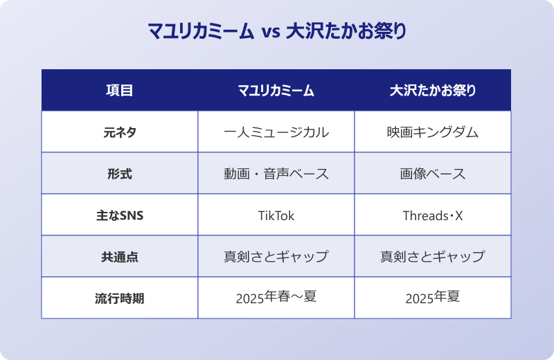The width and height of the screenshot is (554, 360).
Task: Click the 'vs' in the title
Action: tap(271, 33)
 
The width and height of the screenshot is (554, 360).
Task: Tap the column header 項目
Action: tap(119, 91)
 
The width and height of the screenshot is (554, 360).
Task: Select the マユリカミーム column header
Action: tap(276, 91)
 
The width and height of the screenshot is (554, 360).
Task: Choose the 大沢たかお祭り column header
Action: tap(433, 91)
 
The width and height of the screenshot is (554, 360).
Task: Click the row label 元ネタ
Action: tap(119, 132)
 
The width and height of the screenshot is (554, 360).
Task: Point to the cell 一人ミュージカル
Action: tap(276, 132)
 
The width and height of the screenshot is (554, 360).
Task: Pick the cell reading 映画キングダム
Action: tap(433, 132)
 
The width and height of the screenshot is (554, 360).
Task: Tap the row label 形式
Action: tap(119, 174)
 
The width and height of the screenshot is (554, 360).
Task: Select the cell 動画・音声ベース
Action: tap(276, 174)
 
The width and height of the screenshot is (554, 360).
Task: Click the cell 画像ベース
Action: tap(433, 174)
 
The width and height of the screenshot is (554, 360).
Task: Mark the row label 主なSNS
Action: tap(119, 215)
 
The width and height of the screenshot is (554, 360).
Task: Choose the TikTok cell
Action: tap(276, 215)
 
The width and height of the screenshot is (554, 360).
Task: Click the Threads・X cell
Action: tap(433, 215)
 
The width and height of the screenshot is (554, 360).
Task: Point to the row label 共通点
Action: tap(119, 257)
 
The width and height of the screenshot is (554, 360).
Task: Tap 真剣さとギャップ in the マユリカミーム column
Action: tap(276, 257)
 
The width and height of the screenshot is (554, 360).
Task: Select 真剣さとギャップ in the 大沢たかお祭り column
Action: tap(433, 257)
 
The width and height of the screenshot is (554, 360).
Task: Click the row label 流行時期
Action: tap(119, 298)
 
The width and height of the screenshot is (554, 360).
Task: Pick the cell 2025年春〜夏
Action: tap(276, 298)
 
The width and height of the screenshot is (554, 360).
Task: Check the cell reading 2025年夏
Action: tap(433, 298)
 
